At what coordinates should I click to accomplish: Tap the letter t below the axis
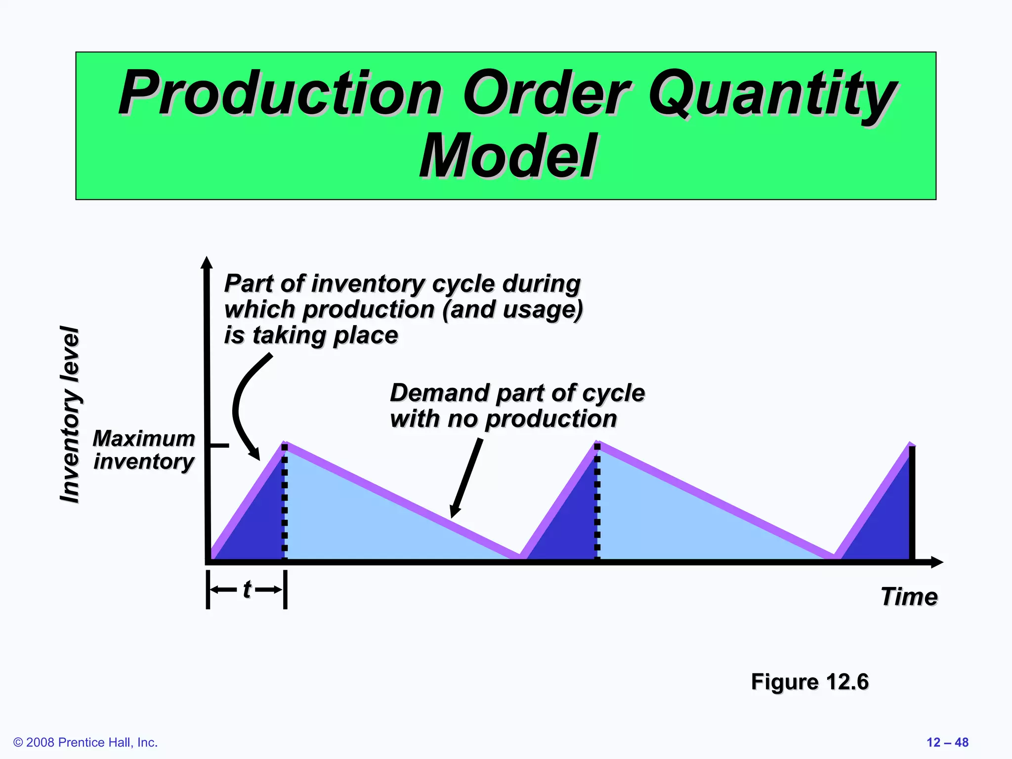[247, 589]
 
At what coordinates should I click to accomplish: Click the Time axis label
[909, 596]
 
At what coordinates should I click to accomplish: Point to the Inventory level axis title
[70, 414]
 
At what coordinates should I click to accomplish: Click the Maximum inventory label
[144, 450]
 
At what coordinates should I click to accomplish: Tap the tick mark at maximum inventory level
[218, 446]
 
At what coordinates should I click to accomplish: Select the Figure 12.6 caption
[809, 682]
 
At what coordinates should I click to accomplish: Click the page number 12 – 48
[947, 742]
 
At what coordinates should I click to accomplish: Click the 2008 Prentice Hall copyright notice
[85, 742]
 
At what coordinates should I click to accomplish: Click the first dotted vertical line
[285, 504]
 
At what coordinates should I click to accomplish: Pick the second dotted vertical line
[597, 504]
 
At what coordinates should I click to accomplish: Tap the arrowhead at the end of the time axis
[937, 562]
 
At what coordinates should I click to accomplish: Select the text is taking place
[311, 335]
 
